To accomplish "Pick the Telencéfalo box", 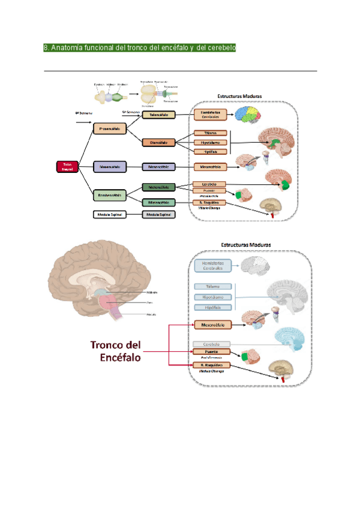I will click(x=159, y=114).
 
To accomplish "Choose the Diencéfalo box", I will click(x=159, y=142).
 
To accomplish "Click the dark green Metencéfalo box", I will click(x=158, y=187).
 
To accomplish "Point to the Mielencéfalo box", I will click(x=158, y=203).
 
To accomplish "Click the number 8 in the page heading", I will click(x=46, y=47).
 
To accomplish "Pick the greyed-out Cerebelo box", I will click(x=210, y=344).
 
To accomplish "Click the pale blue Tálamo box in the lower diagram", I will click(x=213, y=287).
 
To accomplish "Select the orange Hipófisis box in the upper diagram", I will click(x=210, y=152).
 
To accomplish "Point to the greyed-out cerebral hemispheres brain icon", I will click(x=265, y=266).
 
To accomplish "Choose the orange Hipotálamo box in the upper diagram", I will click(x=210, y=142).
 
